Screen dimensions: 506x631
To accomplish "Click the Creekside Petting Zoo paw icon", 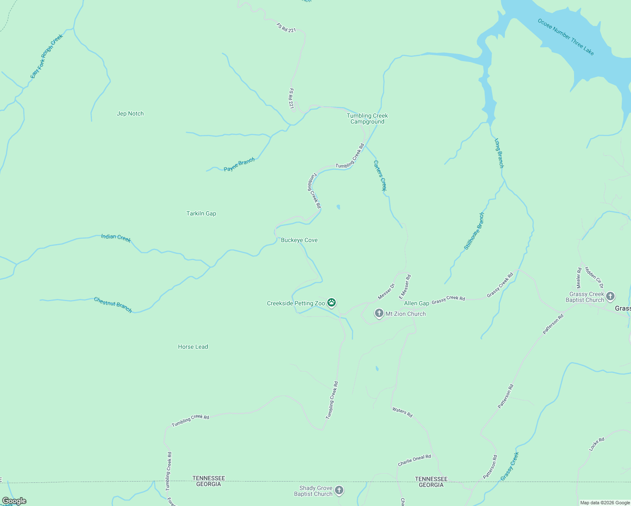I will click(332, 302).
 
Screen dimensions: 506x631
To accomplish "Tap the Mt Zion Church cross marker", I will click(379, 313).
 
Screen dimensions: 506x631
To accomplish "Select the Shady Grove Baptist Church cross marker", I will click(339, 490).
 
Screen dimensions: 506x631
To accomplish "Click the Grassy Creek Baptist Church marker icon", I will click(610, 296).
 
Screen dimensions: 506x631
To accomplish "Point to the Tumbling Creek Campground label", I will click(367, 118).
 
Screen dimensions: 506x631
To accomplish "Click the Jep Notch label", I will click(130, 113).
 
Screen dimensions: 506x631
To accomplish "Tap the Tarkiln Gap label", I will click(201, 213).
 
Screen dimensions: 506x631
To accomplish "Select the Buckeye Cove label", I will click(299, 240).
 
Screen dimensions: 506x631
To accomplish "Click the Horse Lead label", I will click(193, 347).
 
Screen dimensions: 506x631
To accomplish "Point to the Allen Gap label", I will click(416, 303).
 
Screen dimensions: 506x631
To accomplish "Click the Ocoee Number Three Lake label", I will click(566, 37).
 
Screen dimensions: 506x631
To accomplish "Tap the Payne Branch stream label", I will click(239, 164).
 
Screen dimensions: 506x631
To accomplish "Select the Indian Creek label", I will click(116, 238).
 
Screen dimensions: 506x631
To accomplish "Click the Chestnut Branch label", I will click(113, 304).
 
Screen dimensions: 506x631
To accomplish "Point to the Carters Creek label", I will click(380, 175).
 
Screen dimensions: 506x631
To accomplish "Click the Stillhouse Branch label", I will click(475, 231).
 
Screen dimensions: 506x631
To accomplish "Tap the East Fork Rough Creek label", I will click(46, 56).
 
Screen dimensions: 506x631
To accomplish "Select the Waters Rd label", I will click(402, 412).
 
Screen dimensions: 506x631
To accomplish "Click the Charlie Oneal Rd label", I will click(414, 460).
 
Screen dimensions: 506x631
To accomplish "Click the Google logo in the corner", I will click(14, 501).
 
